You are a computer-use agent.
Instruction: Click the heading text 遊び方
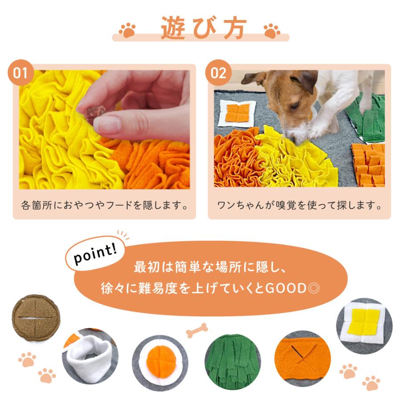tap(204, 28)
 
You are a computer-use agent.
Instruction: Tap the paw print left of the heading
tap(127, 30)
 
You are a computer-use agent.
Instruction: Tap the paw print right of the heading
tap(272, 31)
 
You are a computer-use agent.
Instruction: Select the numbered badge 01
tap(20, 73)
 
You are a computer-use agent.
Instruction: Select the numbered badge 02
tap(218, 73)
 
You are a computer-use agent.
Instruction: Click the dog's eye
tap(295, 105)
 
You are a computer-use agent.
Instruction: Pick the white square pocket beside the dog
tap(237, 113)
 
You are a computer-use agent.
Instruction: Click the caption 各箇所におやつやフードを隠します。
tap(105, 205)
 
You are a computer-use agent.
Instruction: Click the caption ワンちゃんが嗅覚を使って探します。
tap(299, 205)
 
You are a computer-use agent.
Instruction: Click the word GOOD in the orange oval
tap(286, 288)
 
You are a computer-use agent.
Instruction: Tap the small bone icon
tap(196, 330)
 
